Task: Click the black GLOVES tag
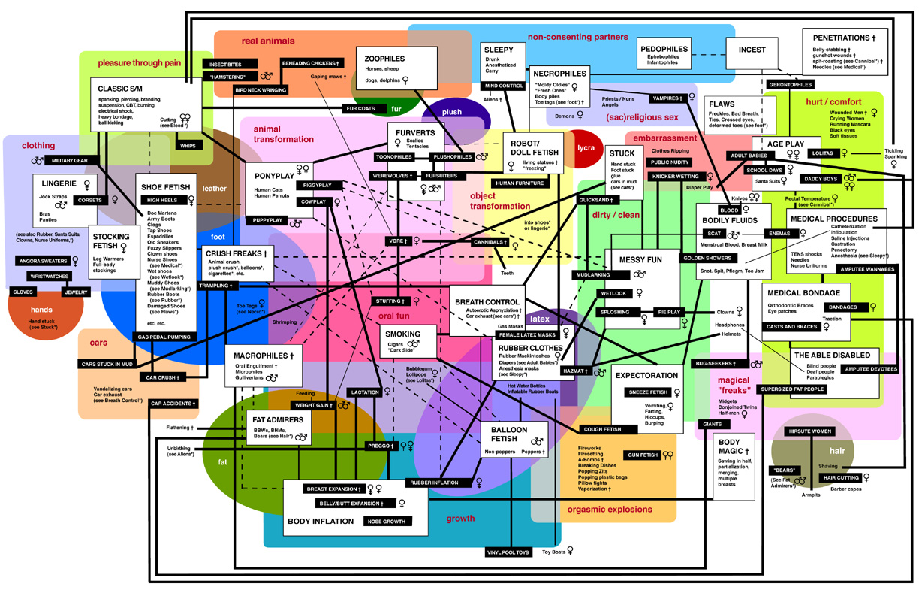click(23, 292)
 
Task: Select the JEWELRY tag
click(76, 292)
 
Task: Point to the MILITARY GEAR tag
click(70, 161)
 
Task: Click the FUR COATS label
click(360, 108)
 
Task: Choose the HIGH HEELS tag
click(162, 201)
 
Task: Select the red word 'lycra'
click(586, 148)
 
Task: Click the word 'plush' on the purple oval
click(452, 112)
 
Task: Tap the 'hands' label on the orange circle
click(41, 310)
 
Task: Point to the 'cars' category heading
click(98, 343)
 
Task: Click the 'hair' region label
click(837, 450)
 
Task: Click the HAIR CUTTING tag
click(841, 477)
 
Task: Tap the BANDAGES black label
click(841, 307)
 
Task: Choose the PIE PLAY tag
click(669, 311)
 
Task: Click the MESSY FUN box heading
click(640, 259)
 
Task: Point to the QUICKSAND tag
click(597, 201)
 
